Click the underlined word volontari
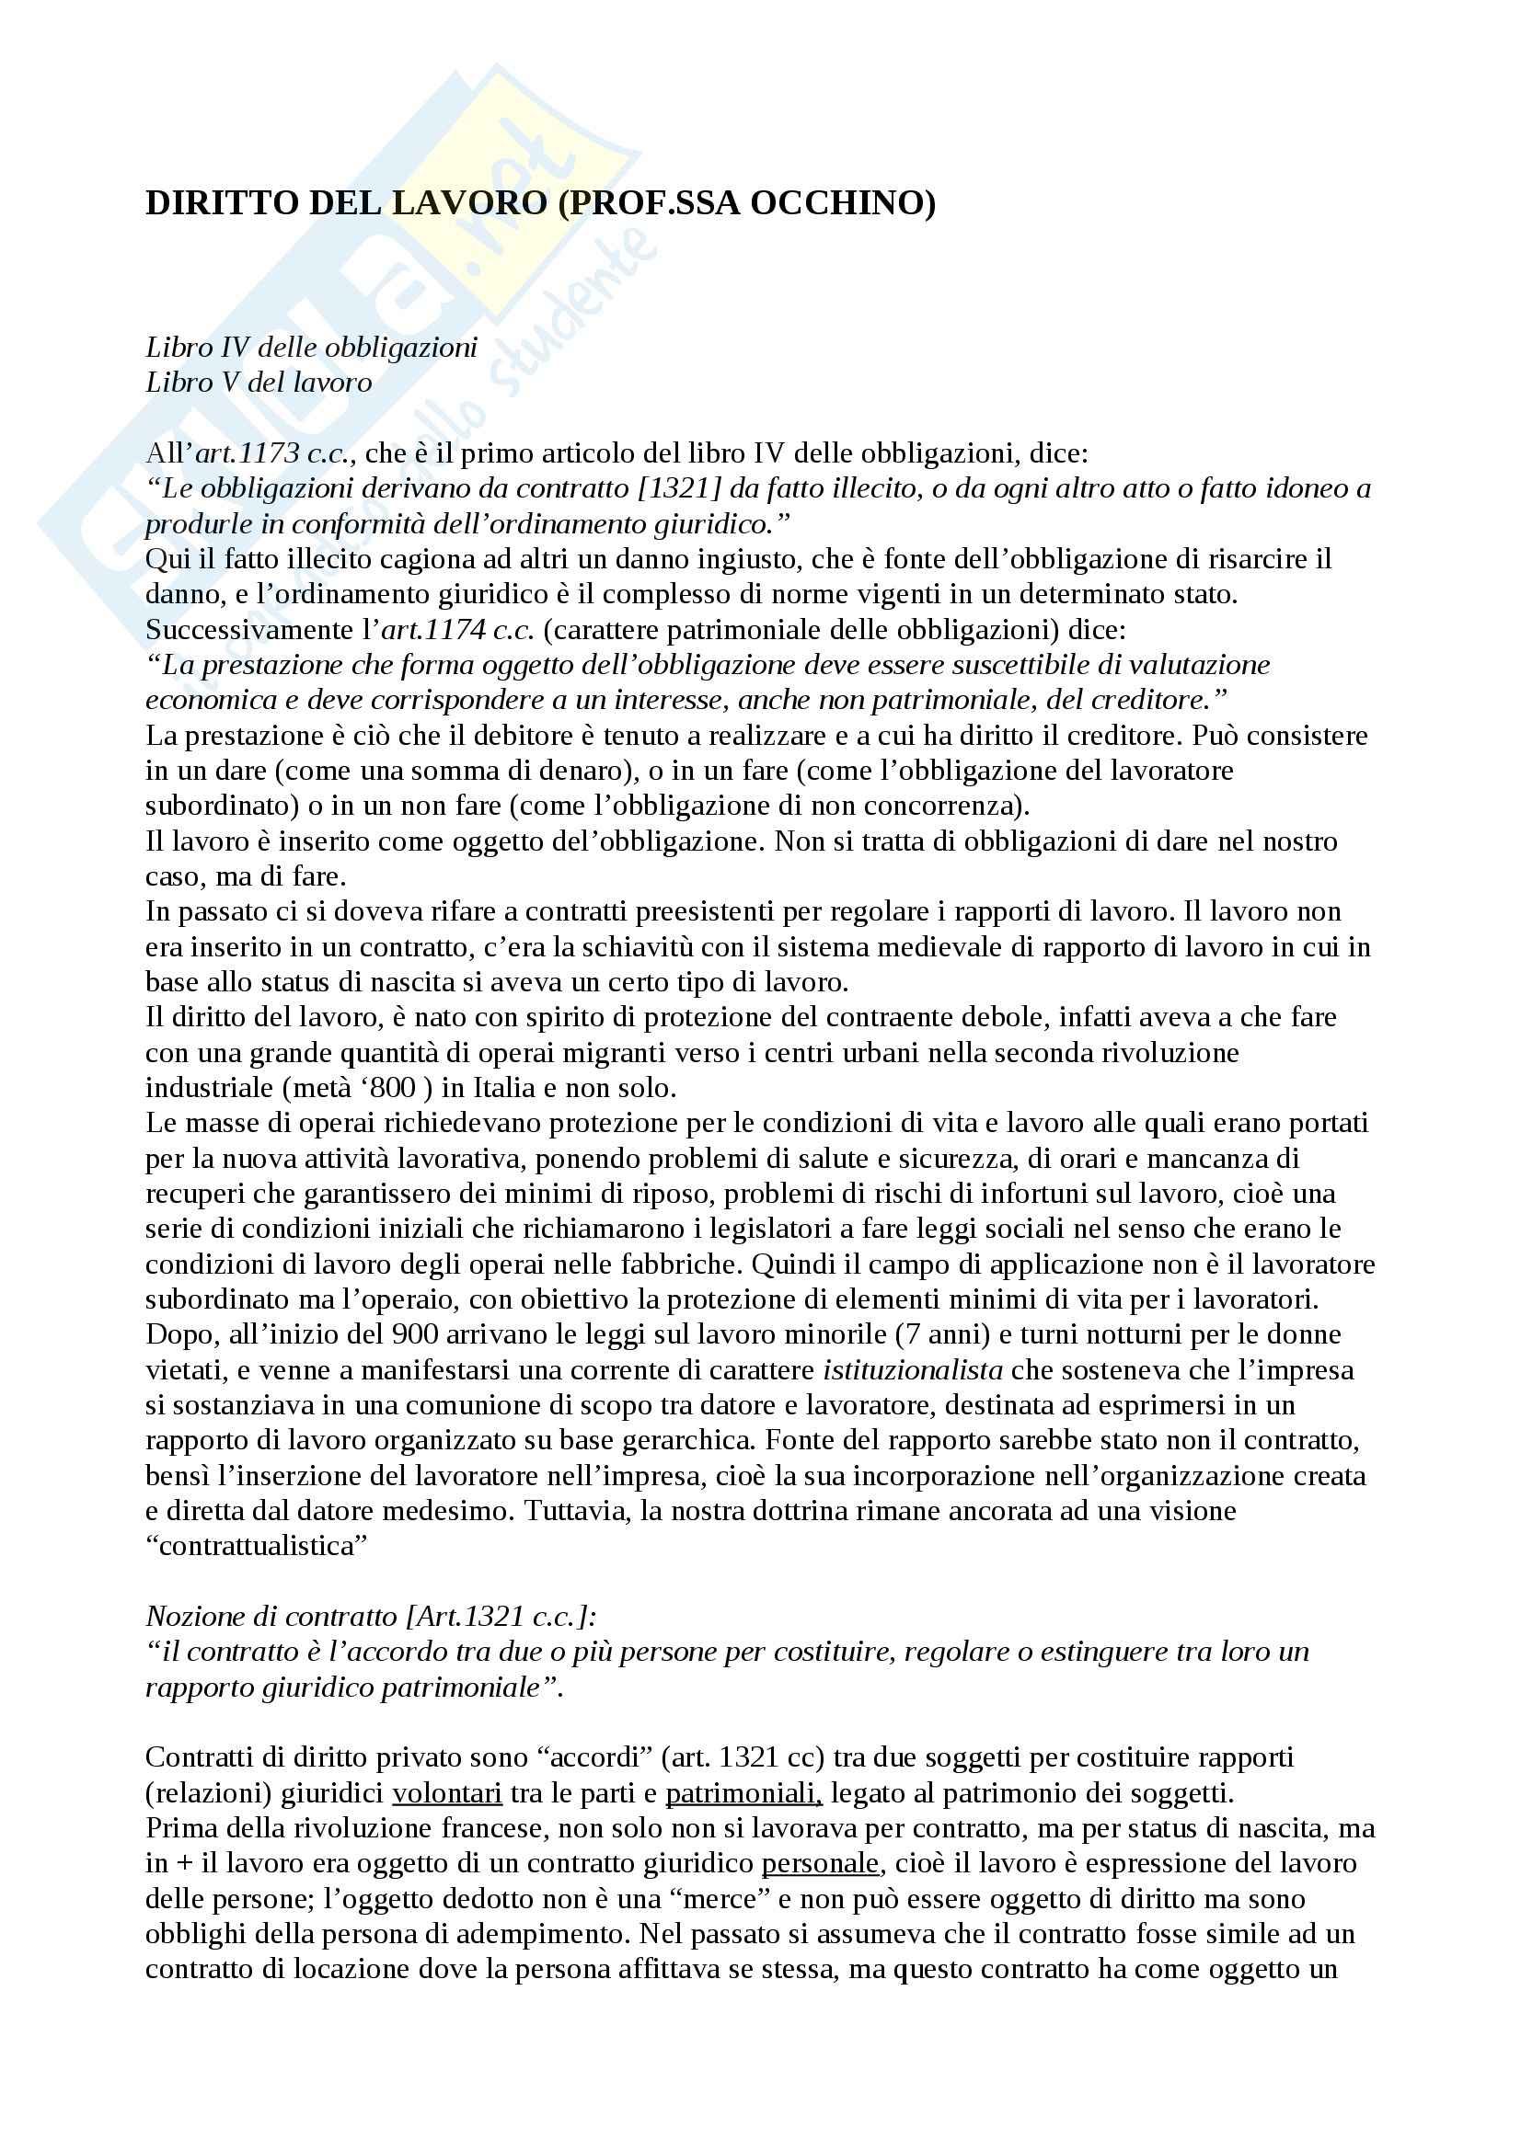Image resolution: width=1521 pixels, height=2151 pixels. tap(447, 1793)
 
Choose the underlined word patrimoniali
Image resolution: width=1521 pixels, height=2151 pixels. tap(743, 1793)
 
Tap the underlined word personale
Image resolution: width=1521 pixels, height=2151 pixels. tap(820, 1863)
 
